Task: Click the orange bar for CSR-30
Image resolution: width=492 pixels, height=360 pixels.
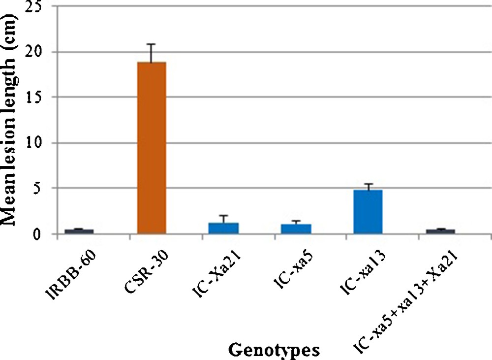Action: (152, 148)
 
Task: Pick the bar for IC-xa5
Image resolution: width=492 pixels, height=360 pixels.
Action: (296, 229)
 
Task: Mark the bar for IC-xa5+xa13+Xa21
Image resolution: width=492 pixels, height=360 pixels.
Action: (440, 231)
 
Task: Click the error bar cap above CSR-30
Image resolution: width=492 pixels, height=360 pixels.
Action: (152, 44)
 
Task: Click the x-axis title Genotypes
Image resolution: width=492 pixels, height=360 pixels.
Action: (274, 350)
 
